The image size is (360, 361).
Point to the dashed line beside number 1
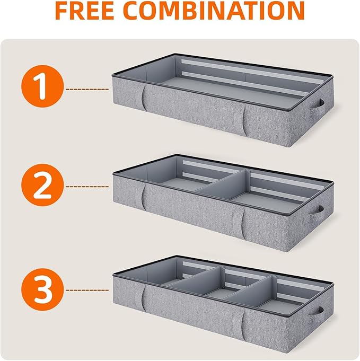(x=87, y=89)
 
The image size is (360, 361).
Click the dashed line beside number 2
(x=87, y=187)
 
